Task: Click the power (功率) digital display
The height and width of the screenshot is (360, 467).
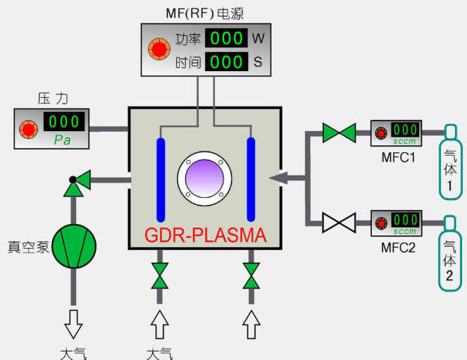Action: pos(226,38)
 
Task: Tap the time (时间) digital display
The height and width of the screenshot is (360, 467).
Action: pos(226,61)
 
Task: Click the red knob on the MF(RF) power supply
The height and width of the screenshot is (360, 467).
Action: pos(159,49)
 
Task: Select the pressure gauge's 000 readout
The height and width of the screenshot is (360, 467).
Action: pos(64,121)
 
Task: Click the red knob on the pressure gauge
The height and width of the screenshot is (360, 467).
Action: pos(29,130)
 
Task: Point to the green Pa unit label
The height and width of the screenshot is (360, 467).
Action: pos(62,139)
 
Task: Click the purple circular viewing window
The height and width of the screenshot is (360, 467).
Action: pos(204,178)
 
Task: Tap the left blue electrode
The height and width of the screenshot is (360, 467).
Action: pos(161,180)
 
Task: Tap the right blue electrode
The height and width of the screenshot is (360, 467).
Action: pos(251,180)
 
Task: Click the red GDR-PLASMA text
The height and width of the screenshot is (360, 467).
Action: pos(206,235)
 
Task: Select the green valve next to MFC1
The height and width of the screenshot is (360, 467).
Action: pos(340,133)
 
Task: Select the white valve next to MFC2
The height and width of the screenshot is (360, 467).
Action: pos(340,223)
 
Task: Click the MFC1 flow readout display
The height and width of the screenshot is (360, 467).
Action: pos(405,130)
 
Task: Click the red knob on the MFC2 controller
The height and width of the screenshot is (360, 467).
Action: pos(381,223)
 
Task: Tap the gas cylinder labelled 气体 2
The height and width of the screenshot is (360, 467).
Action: pos(450,253)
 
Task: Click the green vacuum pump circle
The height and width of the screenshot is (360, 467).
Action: pos(74,247)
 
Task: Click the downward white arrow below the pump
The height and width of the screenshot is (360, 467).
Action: pos(73,324)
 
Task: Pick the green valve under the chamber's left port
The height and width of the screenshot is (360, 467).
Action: pos(160,275)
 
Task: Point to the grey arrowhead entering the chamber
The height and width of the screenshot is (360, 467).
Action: pos(278,178)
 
